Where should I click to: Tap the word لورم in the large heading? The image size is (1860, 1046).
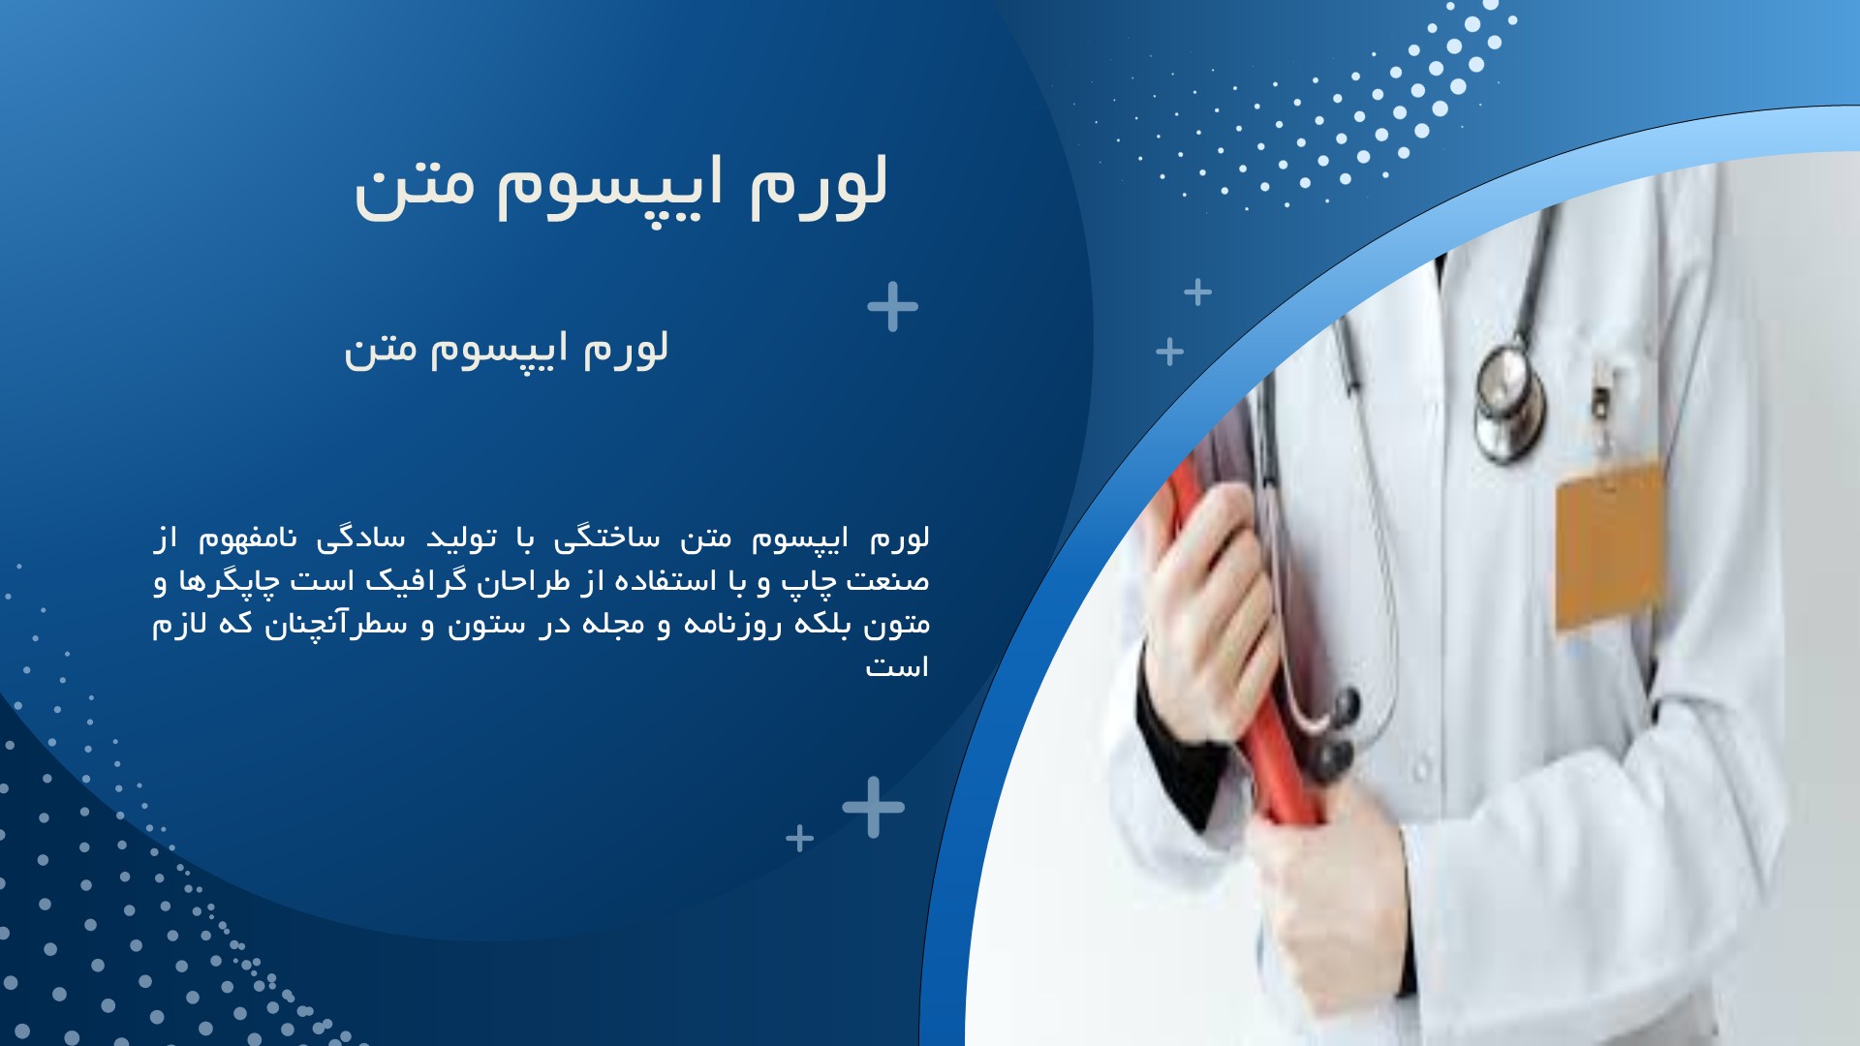pos(820,184)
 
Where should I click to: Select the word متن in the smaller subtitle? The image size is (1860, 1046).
pos(381,350)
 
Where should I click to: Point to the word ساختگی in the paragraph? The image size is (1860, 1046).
pos(601,538)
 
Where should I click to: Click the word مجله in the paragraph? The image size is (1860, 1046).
pos(613,623)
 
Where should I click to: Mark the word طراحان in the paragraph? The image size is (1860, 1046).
pos(532,581)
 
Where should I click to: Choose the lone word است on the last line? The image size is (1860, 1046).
pos(897,666)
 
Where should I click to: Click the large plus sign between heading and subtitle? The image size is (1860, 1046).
pos(892,307)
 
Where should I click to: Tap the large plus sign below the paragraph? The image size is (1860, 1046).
pos(873,807)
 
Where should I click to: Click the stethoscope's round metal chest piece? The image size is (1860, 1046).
pos(1508,403)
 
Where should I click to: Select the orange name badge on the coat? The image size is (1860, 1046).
pos(1610,546)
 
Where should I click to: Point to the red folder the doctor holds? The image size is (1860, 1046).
pos(1250,639)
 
